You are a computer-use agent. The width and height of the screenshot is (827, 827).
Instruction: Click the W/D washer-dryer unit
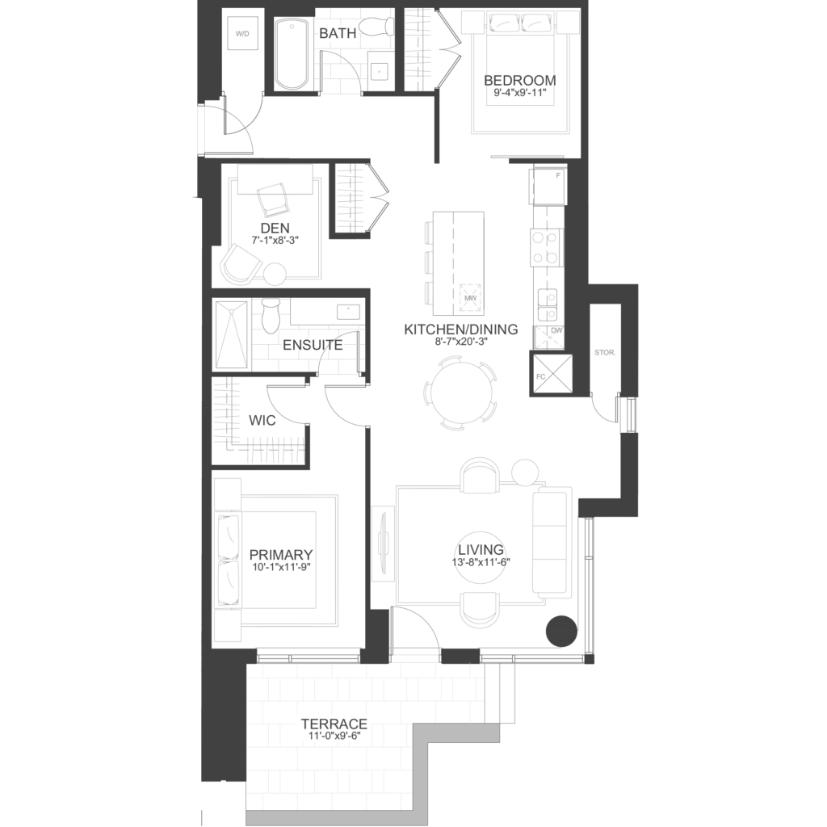pyautogui.click(x=242, y=34)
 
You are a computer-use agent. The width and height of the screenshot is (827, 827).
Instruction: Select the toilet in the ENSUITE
pyautogui.click(x=271, y=316)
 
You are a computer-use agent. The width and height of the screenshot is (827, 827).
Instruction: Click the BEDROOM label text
pyautogui.click(x=519, y=80)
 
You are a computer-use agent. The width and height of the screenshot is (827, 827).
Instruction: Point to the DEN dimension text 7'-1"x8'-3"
pyautogui.click(x=275, y=240)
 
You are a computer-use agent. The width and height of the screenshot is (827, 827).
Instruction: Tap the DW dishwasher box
pyautogui.click(x=549, y=338)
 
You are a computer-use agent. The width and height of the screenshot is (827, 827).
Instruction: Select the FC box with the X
pyautogui.click(x=552, y=374)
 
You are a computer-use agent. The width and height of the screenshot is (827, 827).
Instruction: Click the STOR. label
pyautogui.click(x=605, y=352)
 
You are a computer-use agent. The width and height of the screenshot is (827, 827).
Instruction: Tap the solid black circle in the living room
pyautogui.click(x=561, y=631)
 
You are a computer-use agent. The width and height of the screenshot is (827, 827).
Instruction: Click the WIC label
pyautogui.click(x=262, y=420)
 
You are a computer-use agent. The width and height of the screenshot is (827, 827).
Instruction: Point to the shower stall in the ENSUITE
pyautogui.click(x=231, y=335)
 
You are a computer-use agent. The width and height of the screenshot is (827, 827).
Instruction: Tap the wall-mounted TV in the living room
pyautogui.click(x=384, y=544)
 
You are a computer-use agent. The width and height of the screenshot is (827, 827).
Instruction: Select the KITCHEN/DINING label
pyautogui.click(x=461, y=330)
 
